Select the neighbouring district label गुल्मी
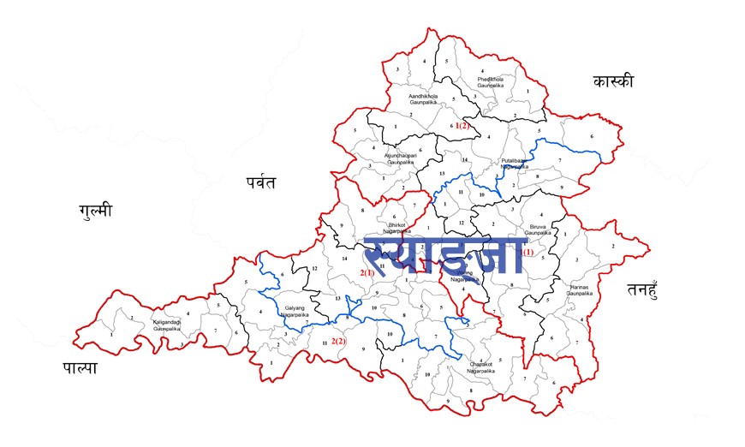(95, 210)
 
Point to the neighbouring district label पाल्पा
(80, 367)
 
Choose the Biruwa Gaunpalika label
(537, 227)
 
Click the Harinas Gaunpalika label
(580, 289)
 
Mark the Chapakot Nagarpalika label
(482, 366)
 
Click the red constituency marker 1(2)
(463, 126)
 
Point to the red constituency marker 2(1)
(367, 272)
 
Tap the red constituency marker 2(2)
(339, 342)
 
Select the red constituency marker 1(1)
(524, 252)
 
